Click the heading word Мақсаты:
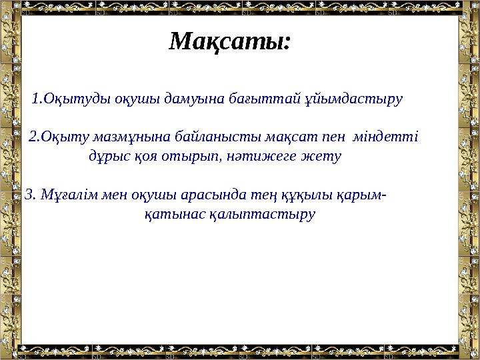pos(230,42)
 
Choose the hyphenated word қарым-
pos(362,195)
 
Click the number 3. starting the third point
pos(30,195)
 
